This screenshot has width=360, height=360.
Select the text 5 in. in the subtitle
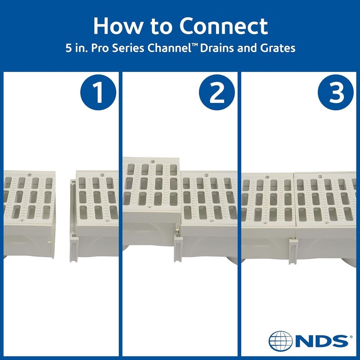(75, 48)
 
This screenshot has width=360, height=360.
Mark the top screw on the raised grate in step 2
(153, 161)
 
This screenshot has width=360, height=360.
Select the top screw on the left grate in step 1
(29, 175)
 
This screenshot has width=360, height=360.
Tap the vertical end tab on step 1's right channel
(72, 220)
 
